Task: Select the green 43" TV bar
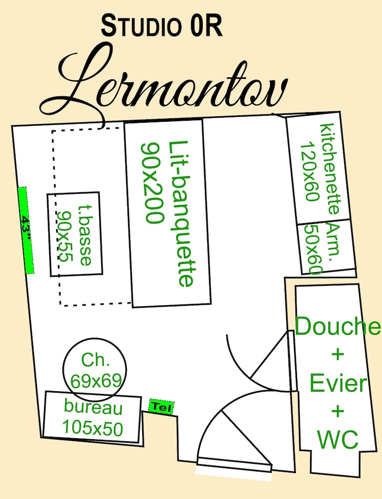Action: (x=25, y=230)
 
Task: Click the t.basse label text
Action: (x=85, y=235)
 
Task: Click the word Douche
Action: (x=337, y=326)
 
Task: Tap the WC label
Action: (x=338, y=440)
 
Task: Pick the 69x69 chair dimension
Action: (x=96, y=381)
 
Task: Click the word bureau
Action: (x=93, y=407)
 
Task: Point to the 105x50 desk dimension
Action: (x=92, y=428)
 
